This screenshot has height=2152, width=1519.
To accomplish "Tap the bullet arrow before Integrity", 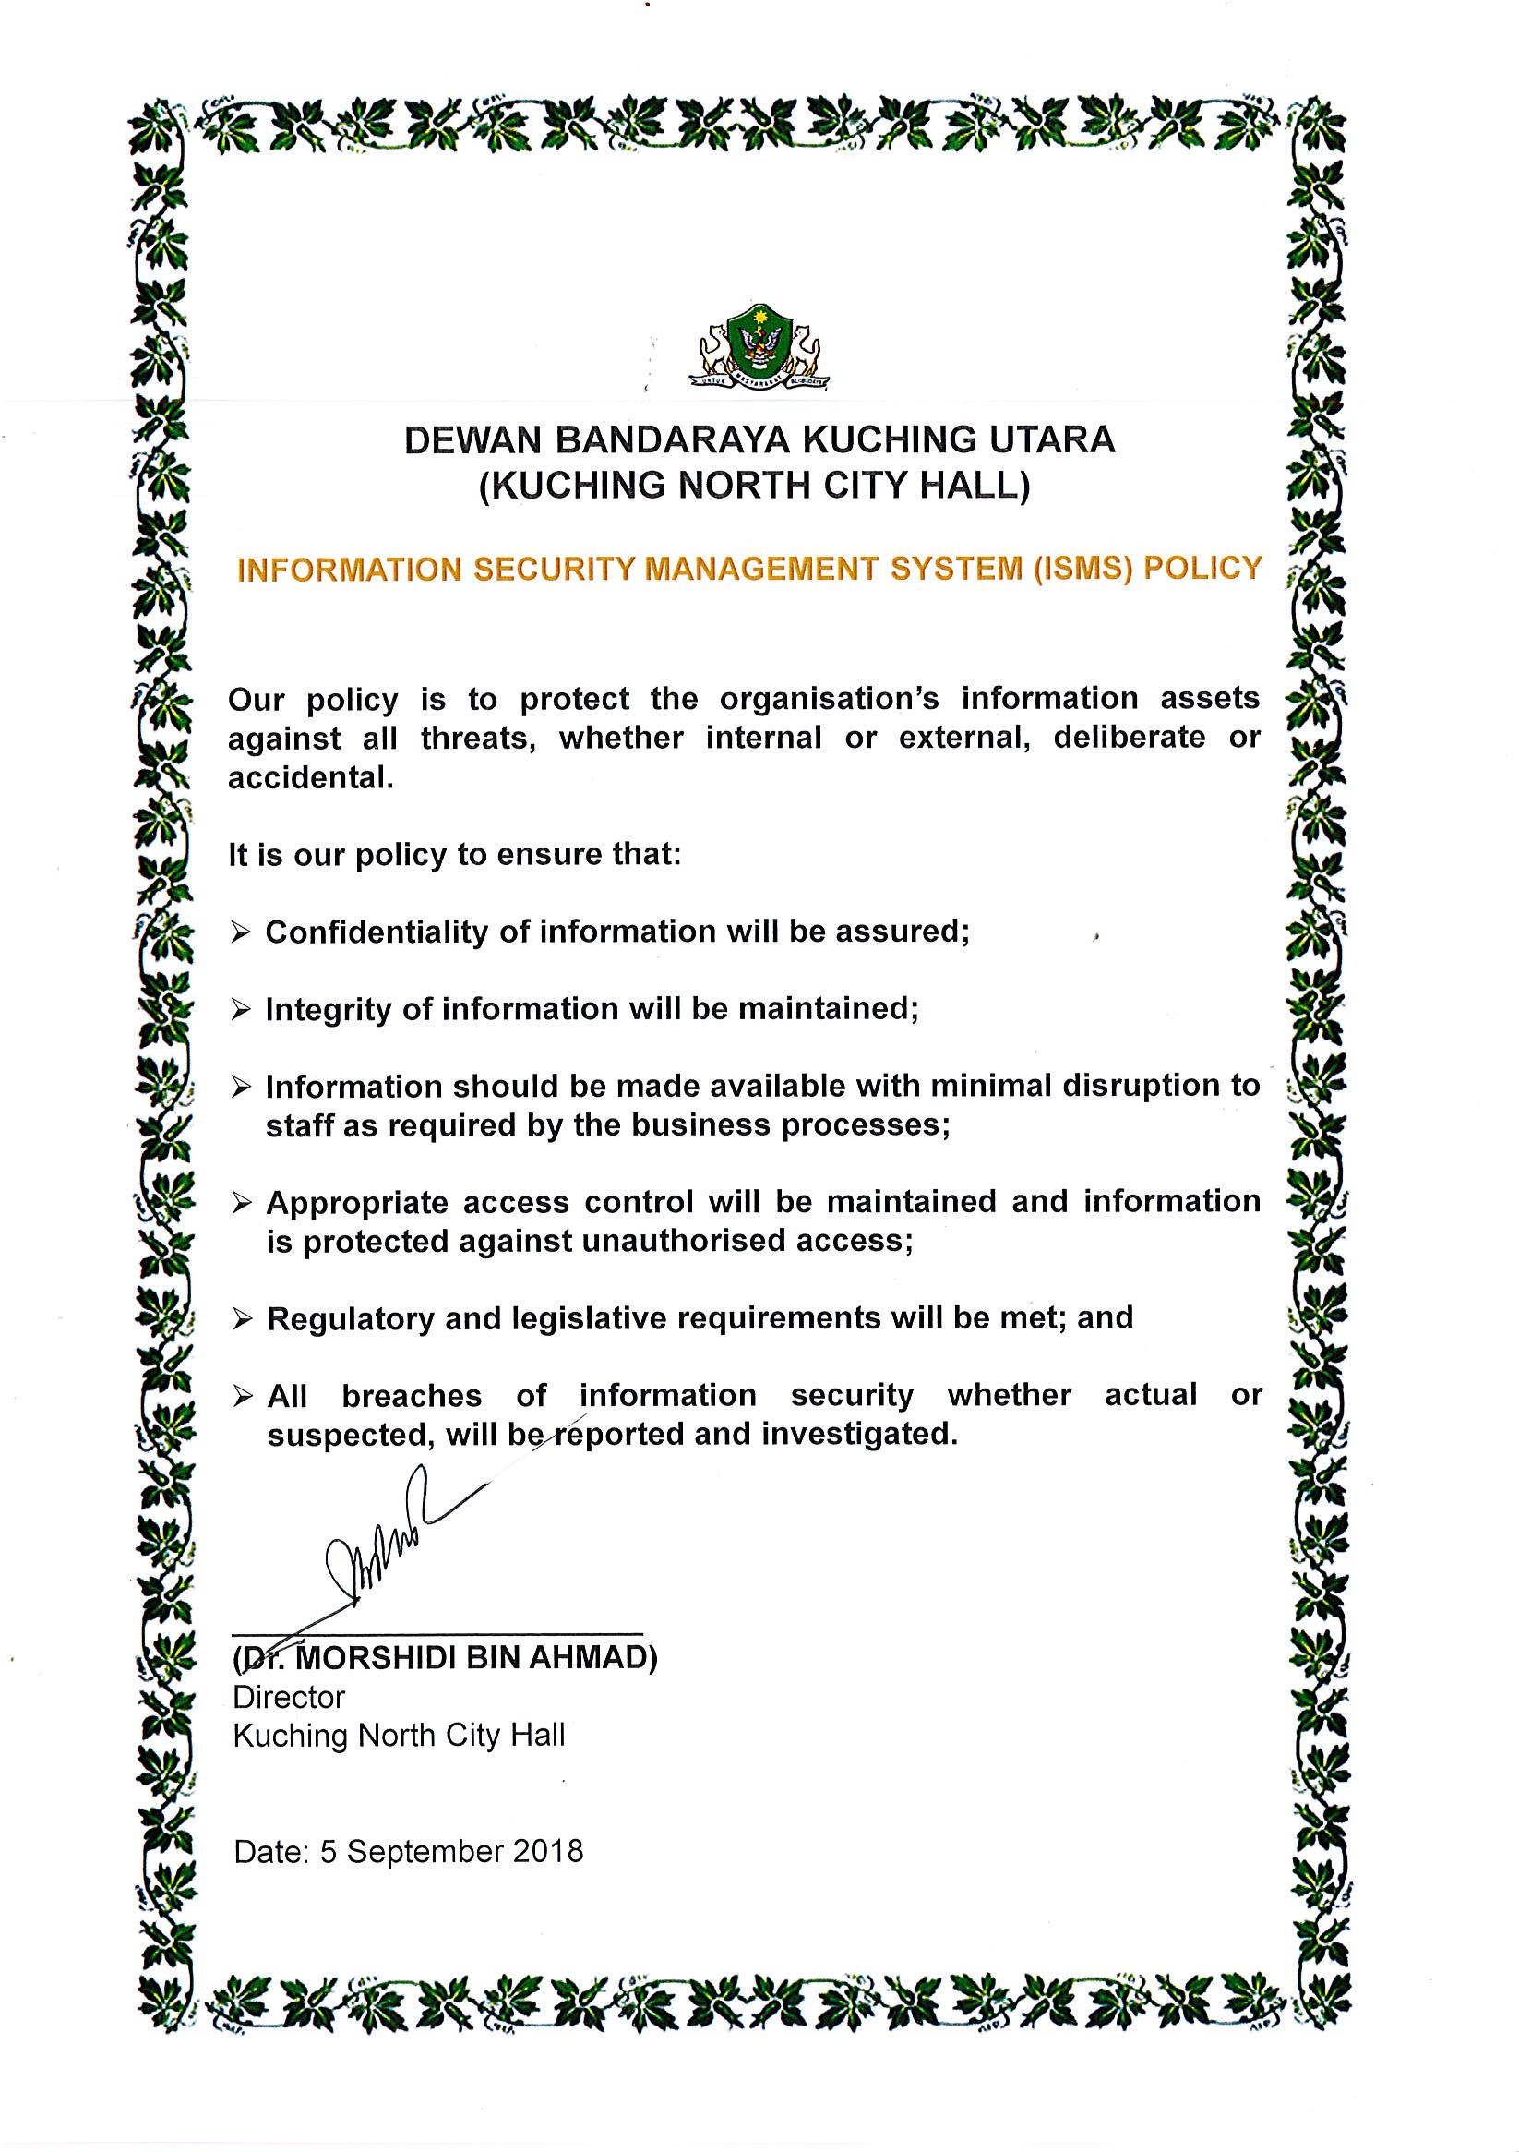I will (x=242, y=1009).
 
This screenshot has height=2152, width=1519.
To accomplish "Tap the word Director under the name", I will (x=289, y=1698).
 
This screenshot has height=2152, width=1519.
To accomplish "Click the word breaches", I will (x=412, y=1396).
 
